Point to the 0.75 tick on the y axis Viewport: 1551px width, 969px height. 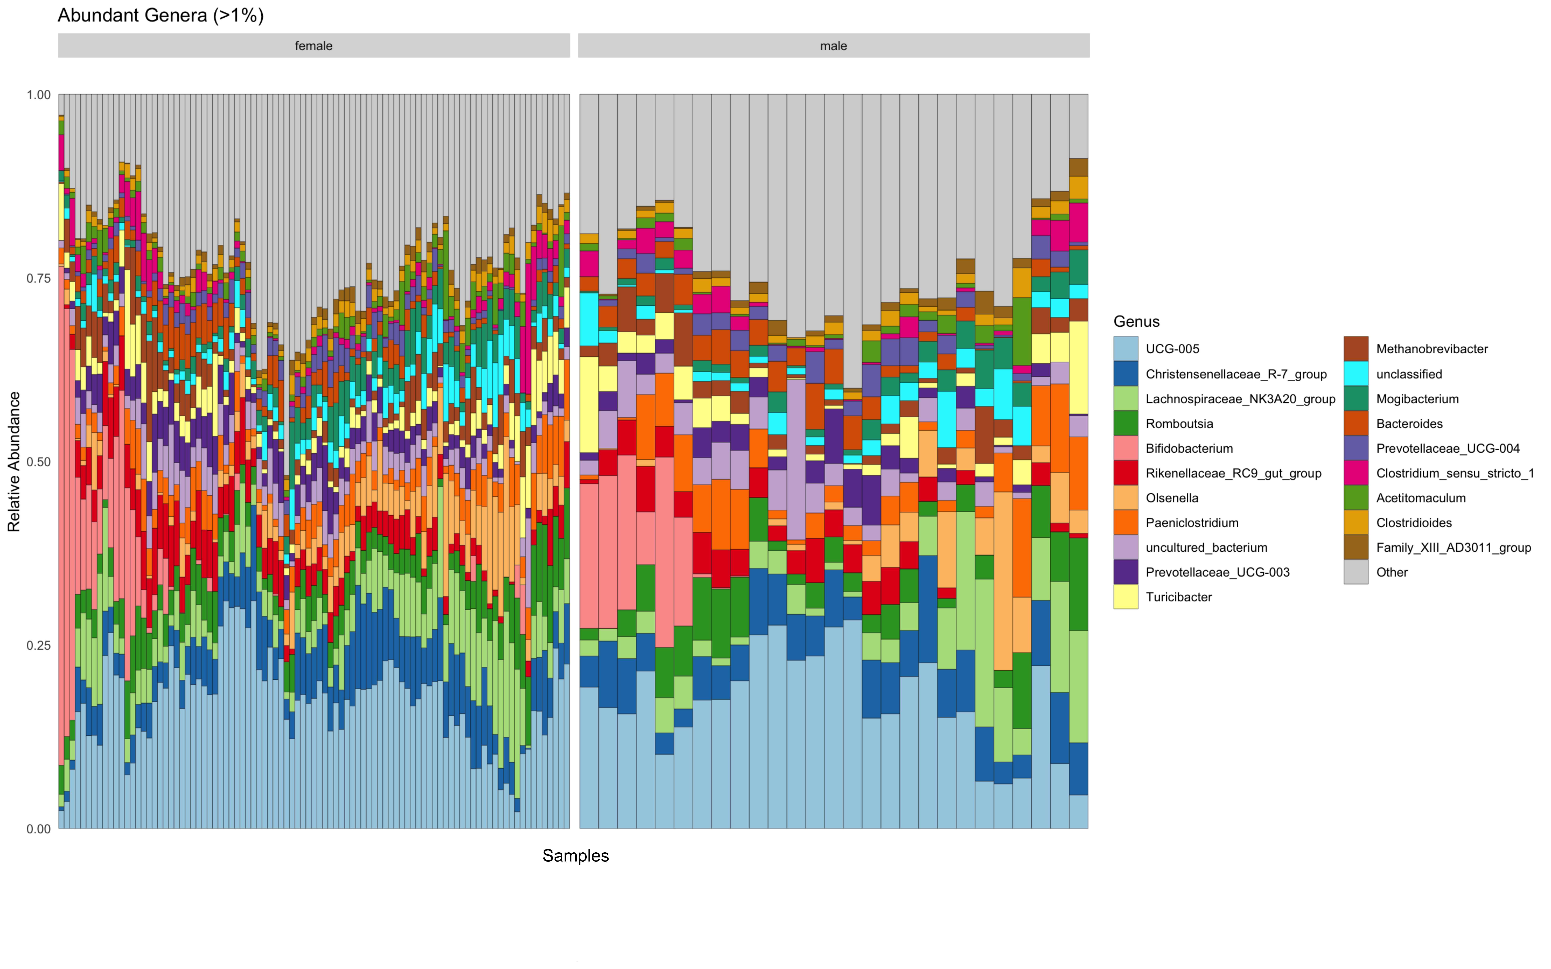(38, 278)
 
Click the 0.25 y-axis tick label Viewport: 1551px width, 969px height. (38, 645)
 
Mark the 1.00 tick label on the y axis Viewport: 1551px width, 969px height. (38, 95)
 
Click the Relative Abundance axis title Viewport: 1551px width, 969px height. (14, 462)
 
